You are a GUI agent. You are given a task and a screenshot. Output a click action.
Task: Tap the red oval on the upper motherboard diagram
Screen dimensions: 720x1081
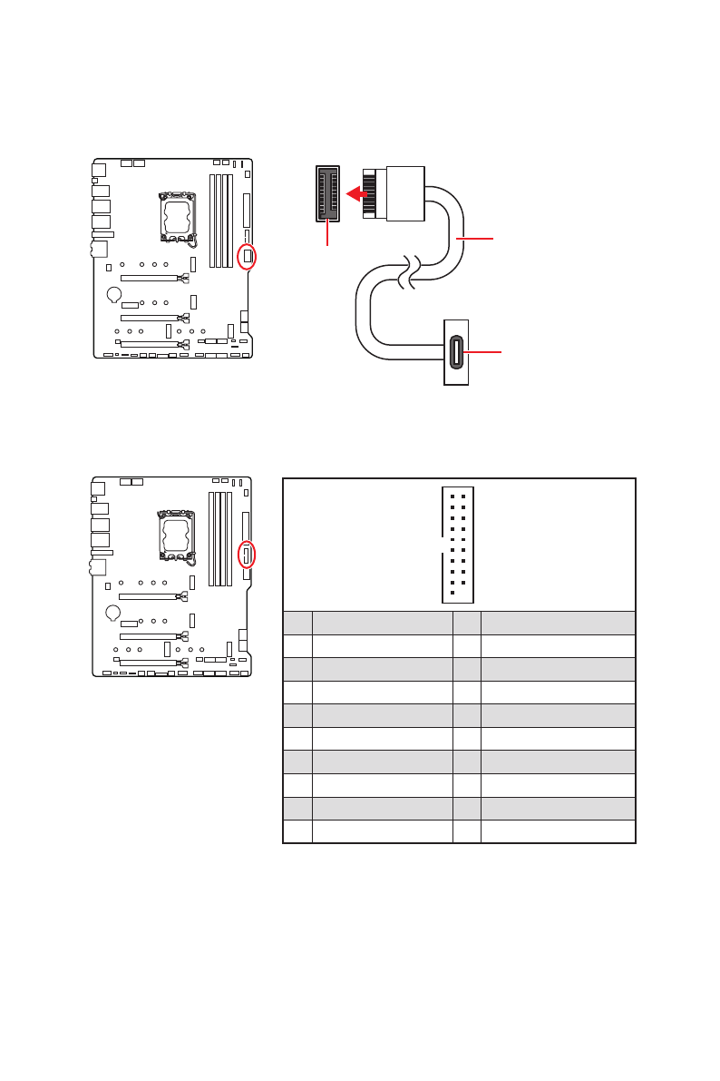[x=247, y=256]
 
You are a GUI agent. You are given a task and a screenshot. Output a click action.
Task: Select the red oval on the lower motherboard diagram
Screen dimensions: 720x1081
[x=246, y=554]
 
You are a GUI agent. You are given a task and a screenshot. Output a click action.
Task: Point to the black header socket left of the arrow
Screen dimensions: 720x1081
[x=327, y=193]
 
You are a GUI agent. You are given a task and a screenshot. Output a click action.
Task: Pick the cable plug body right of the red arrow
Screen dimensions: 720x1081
[x=404, y=192]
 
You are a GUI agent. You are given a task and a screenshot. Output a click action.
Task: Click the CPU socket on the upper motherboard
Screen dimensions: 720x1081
[x=179, y=218]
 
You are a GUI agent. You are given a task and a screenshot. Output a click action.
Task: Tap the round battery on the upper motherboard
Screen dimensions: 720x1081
[x=114, y=294]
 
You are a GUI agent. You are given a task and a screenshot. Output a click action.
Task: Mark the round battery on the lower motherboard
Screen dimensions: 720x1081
[x=113, y=613]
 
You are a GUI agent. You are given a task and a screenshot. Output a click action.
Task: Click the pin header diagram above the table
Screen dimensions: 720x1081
[x=458, y=545]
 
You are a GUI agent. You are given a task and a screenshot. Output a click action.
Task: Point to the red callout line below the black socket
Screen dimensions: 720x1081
[x=327, y=233]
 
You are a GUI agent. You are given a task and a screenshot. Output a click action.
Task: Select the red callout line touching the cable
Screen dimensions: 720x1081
[x=476, y=239]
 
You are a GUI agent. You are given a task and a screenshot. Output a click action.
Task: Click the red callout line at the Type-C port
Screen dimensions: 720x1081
[x=484, y=352]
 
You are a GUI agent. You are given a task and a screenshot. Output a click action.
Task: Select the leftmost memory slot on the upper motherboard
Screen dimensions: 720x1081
[x=211, y=221]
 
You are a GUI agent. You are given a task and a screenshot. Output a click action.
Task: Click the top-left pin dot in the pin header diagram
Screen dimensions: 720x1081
[x=452, y=496]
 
